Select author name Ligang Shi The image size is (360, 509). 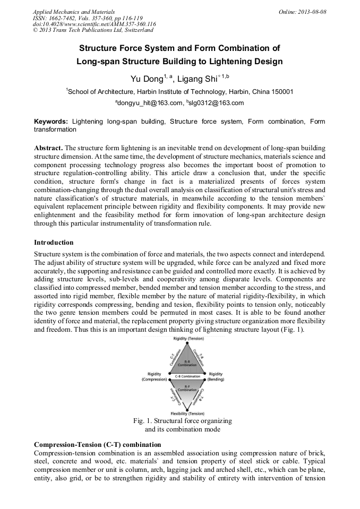click(197, 79)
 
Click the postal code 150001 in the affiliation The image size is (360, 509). click(279, 91)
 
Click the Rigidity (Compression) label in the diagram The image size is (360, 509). click(154, 377)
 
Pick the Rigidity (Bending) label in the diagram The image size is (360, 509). click(216, 377)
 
